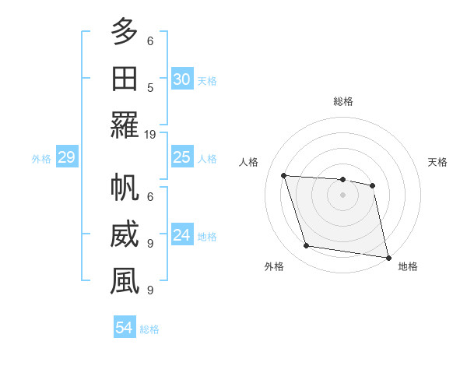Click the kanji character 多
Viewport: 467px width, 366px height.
(x=125, y=33)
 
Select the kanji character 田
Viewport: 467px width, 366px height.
(x=125, y=79)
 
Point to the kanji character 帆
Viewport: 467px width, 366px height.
(x=125, y=189)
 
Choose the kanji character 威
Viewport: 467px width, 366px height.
(x=125, y=235)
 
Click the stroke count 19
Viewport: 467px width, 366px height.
(x=150, y=134)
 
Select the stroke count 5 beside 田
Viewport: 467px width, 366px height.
(x=150, y=87)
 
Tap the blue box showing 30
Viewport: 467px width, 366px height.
(x=181, y=79)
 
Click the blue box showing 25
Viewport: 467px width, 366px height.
(x=181, y=158)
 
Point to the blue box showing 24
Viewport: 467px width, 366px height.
(x=181, y=236)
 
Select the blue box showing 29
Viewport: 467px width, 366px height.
(x=66, y=158)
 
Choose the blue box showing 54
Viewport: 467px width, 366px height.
(x=124, y=329)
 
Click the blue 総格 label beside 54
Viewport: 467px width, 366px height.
(x=149, y=329)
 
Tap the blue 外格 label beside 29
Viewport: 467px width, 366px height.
(x=41, y=159)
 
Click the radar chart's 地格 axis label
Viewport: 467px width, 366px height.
(x=408, y=266)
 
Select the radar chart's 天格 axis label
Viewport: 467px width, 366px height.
(x=437, y=162)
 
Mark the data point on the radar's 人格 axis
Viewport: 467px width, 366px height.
(x=284, y=175)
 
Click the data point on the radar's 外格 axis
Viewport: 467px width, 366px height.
(x=307, y=246)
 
